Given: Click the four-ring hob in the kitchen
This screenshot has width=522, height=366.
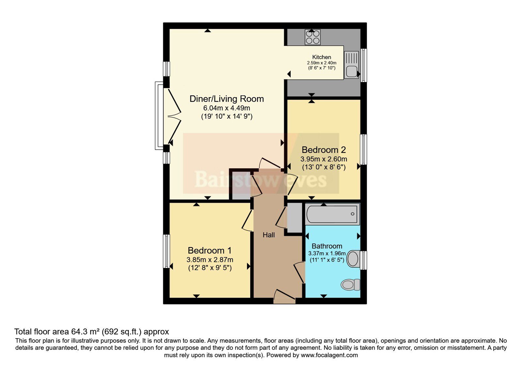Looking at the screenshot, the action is tap(313, 37).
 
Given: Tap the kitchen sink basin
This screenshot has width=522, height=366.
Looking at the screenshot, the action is tap(351, 71).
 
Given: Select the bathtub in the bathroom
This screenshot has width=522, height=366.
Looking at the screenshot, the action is tap(332, 214).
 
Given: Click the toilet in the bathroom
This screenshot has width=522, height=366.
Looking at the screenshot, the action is tap(350, 285).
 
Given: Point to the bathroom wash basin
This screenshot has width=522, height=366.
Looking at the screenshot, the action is tap(353, 259).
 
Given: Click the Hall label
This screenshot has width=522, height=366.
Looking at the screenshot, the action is tap(269, 235).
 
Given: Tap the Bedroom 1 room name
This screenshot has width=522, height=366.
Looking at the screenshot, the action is tap(210, 250).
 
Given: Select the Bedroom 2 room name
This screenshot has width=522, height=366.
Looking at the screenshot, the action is tap(324, 150).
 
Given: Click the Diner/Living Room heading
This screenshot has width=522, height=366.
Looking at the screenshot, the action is tap(226, 99).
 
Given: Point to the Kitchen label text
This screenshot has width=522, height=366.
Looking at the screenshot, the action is tap(322, 57).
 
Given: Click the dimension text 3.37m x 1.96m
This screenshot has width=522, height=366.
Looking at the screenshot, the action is tap(327, 254).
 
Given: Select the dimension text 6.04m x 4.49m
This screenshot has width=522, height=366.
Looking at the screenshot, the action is tap(226, 108).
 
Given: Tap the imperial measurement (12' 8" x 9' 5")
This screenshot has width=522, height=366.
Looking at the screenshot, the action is tap(210, 268).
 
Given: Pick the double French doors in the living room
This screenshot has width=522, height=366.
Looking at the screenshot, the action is tap(173, 116).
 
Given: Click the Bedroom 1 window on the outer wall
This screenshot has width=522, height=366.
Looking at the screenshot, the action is tap(166, 251).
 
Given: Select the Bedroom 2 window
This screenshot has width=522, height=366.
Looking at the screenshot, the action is tap(363, 149).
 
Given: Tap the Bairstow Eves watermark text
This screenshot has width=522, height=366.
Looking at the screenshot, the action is tap(261, 179).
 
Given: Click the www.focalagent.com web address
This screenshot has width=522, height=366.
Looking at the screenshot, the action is tap(329, 355).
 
